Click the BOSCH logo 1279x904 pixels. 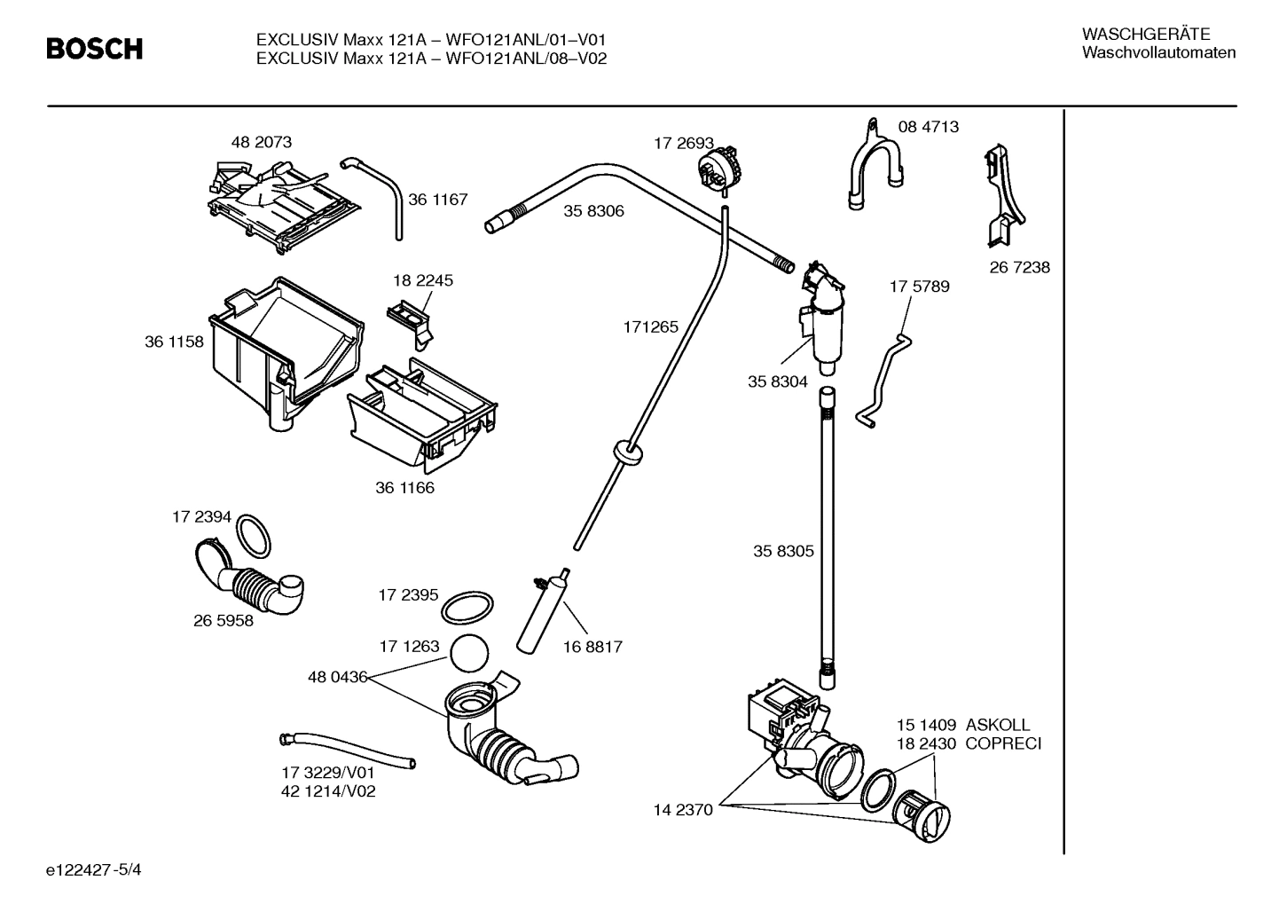[94, 50]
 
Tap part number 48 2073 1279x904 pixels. [261, 142]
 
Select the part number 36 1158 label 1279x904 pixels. [174, 342]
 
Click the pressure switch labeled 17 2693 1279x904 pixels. [720, 168]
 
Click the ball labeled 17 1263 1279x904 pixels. [470, 655]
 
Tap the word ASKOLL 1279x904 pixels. [998, 725]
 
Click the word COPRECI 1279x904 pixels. [1003, 743]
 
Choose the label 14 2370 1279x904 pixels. [683, 809]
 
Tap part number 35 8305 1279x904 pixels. [783, 551]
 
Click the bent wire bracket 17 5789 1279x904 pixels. [883, 377]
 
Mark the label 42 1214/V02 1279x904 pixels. [328, 791]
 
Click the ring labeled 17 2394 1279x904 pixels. [255, 536]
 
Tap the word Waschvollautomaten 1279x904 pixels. [1158, 53]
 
